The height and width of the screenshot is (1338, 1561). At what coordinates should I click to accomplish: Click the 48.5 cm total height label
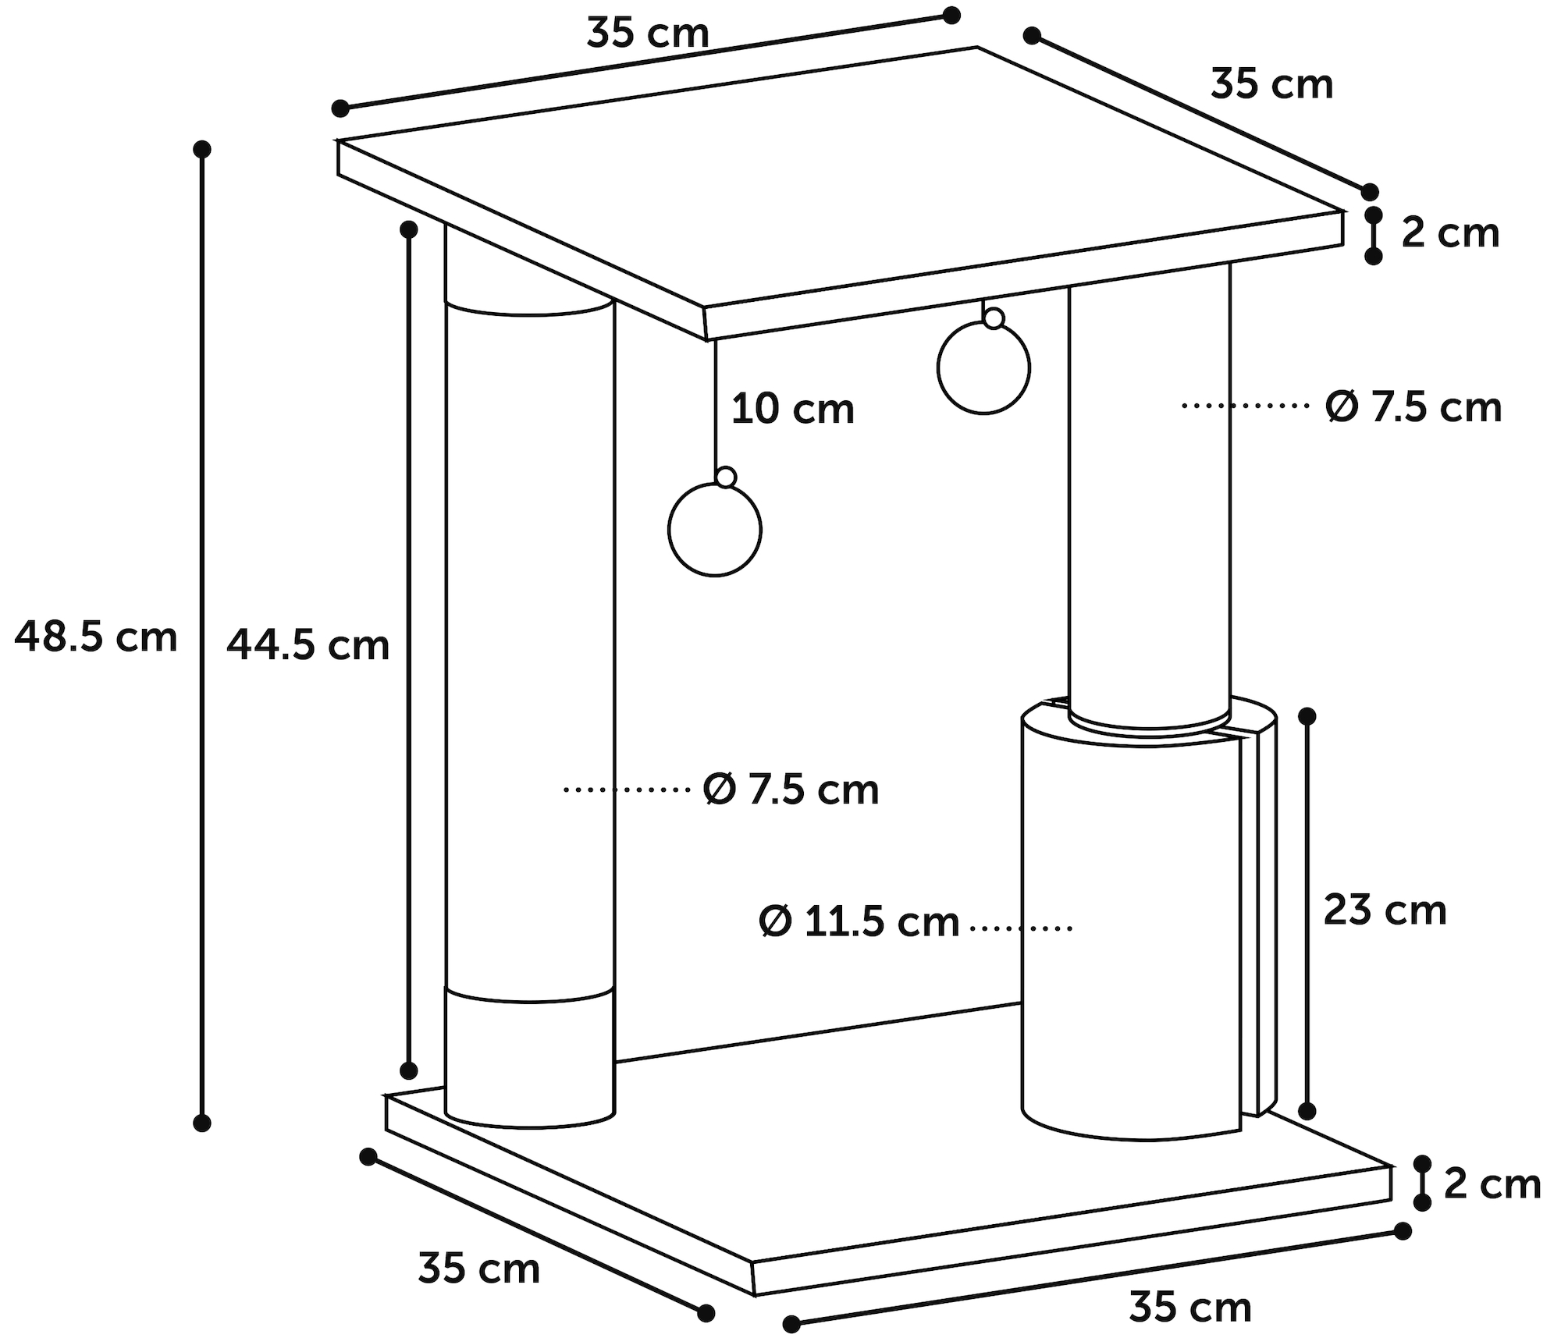(96, 637)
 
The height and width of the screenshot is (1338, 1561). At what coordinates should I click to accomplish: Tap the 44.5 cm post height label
(308, 645)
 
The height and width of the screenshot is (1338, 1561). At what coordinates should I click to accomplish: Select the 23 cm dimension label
(1385, 910)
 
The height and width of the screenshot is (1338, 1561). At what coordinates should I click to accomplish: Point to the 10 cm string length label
(793, 409)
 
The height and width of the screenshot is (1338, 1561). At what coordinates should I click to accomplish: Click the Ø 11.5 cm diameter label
(859, 921)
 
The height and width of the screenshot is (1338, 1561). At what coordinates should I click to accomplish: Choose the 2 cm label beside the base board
(1492, 1184)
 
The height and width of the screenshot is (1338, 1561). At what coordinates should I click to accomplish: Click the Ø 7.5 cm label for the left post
(791, 789)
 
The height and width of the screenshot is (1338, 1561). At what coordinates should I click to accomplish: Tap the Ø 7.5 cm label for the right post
(1413, 406)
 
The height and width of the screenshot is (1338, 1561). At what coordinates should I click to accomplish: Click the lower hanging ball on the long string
(715, 530)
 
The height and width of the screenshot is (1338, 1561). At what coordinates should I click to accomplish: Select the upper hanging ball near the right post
(983, 368)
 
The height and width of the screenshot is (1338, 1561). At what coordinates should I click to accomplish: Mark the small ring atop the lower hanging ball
(726, 477)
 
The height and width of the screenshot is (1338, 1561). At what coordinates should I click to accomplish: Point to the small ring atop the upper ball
(994, 318)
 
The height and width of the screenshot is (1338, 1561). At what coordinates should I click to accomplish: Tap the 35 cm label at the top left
(648, 34)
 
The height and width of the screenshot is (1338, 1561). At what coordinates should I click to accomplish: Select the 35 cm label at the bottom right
(1190, 1307)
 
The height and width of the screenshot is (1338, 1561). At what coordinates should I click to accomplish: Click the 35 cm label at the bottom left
(479, 1268)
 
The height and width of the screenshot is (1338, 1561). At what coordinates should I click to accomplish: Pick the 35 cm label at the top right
(1272, 83)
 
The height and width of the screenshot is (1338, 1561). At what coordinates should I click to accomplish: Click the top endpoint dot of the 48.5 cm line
(202, 149)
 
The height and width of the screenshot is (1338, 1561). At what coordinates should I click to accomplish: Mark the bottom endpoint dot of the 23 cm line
(1307, 1111)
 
